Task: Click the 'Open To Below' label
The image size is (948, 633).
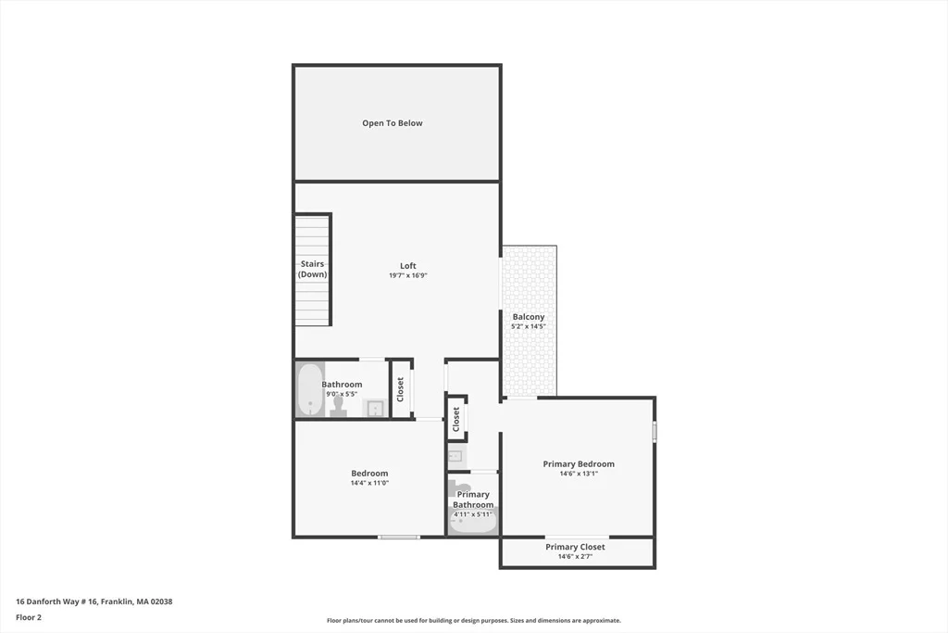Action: (x=393, y=123)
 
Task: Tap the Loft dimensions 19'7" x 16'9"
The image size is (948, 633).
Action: (x=408, y=275)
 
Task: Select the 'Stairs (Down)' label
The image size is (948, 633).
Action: (x=313, y=269)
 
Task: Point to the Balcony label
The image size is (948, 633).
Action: (x=529, y=317)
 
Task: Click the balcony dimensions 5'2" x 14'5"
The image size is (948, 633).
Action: (x=529, y=326)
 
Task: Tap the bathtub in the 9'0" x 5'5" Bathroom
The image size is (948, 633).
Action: (x=310, y=389)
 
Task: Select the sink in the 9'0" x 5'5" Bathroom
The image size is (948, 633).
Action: (x=375, y=409)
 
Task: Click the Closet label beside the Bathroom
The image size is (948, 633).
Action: (x=400, y=389)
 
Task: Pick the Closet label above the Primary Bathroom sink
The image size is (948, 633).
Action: (x=455, y=419)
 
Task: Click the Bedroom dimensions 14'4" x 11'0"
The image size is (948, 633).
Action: (x=369, y=483)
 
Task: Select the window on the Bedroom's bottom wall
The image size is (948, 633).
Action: (x=399, y=537)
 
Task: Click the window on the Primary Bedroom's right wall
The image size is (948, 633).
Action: (x=655, y=432)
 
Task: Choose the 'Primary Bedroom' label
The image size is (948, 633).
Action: (x=579, y=464)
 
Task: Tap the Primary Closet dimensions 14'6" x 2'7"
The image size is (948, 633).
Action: (x=575, y=556)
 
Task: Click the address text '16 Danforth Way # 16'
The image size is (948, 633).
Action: (x=56, y=601)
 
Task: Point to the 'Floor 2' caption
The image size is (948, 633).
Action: (x=29, y=617)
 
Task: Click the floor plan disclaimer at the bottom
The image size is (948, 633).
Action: (x=474, y=620)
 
